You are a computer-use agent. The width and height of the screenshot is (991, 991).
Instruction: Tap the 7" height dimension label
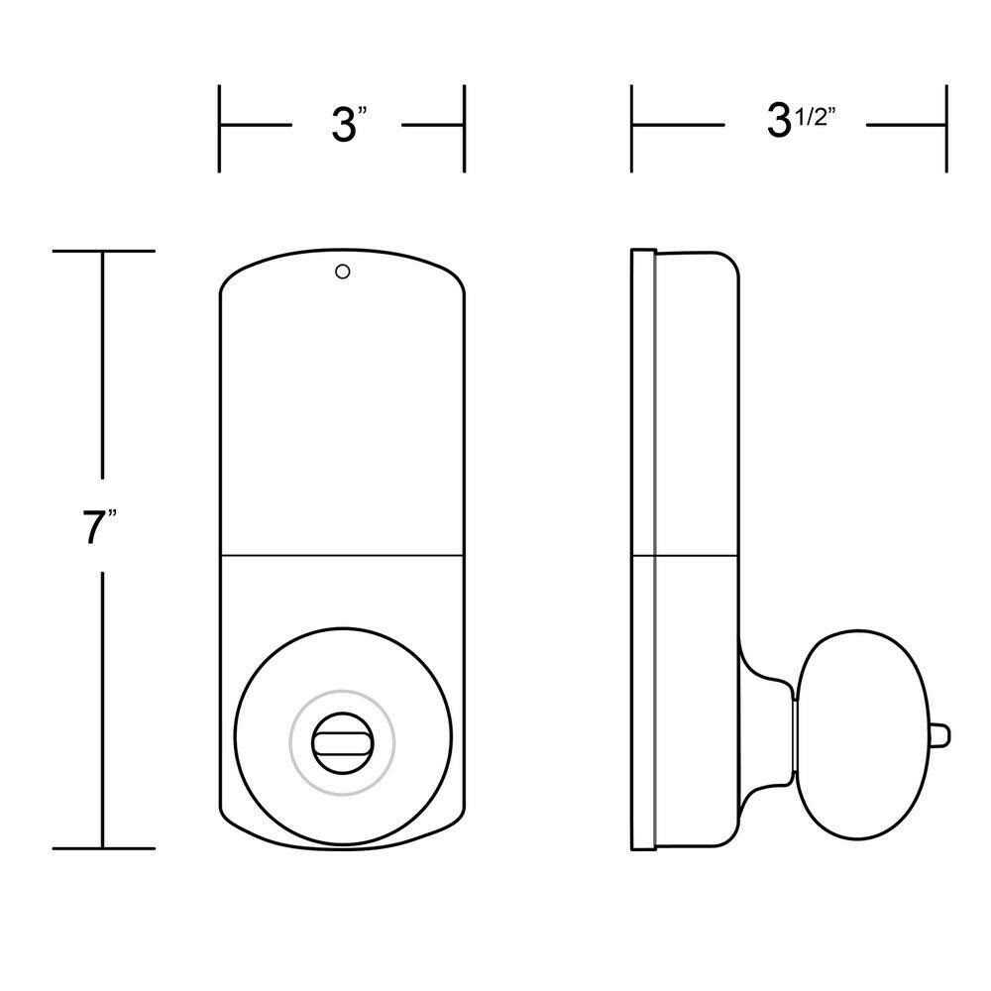[x=99, y=528]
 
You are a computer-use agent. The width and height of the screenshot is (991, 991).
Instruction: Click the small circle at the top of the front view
[x=342, y=271]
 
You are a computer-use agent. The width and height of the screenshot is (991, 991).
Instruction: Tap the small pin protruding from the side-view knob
[x=938, y=733]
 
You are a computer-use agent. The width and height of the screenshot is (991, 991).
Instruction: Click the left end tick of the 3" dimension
[x=220, y=128]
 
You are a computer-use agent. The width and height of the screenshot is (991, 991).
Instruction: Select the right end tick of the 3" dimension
[x=464, y=128]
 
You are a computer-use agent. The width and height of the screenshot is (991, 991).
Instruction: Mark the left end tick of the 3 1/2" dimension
[x=632, y=128]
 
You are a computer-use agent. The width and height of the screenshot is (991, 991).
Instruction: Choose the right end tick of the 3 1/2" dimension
[x=947, y=128]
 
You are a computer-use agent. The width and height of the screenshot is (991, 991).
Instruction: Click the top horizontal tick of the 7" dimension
[x=103, y=253]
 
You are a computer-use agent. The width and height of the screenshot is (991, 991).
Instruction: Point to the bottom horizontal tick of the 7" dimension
[x=103, y=848]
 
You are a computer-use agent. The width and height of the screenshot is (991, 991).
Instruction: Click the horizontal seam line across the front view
[x=342, y=554]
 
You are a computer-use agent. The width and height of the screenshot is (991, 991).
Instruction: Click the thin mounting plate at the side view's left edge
[x=643, y=550]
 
